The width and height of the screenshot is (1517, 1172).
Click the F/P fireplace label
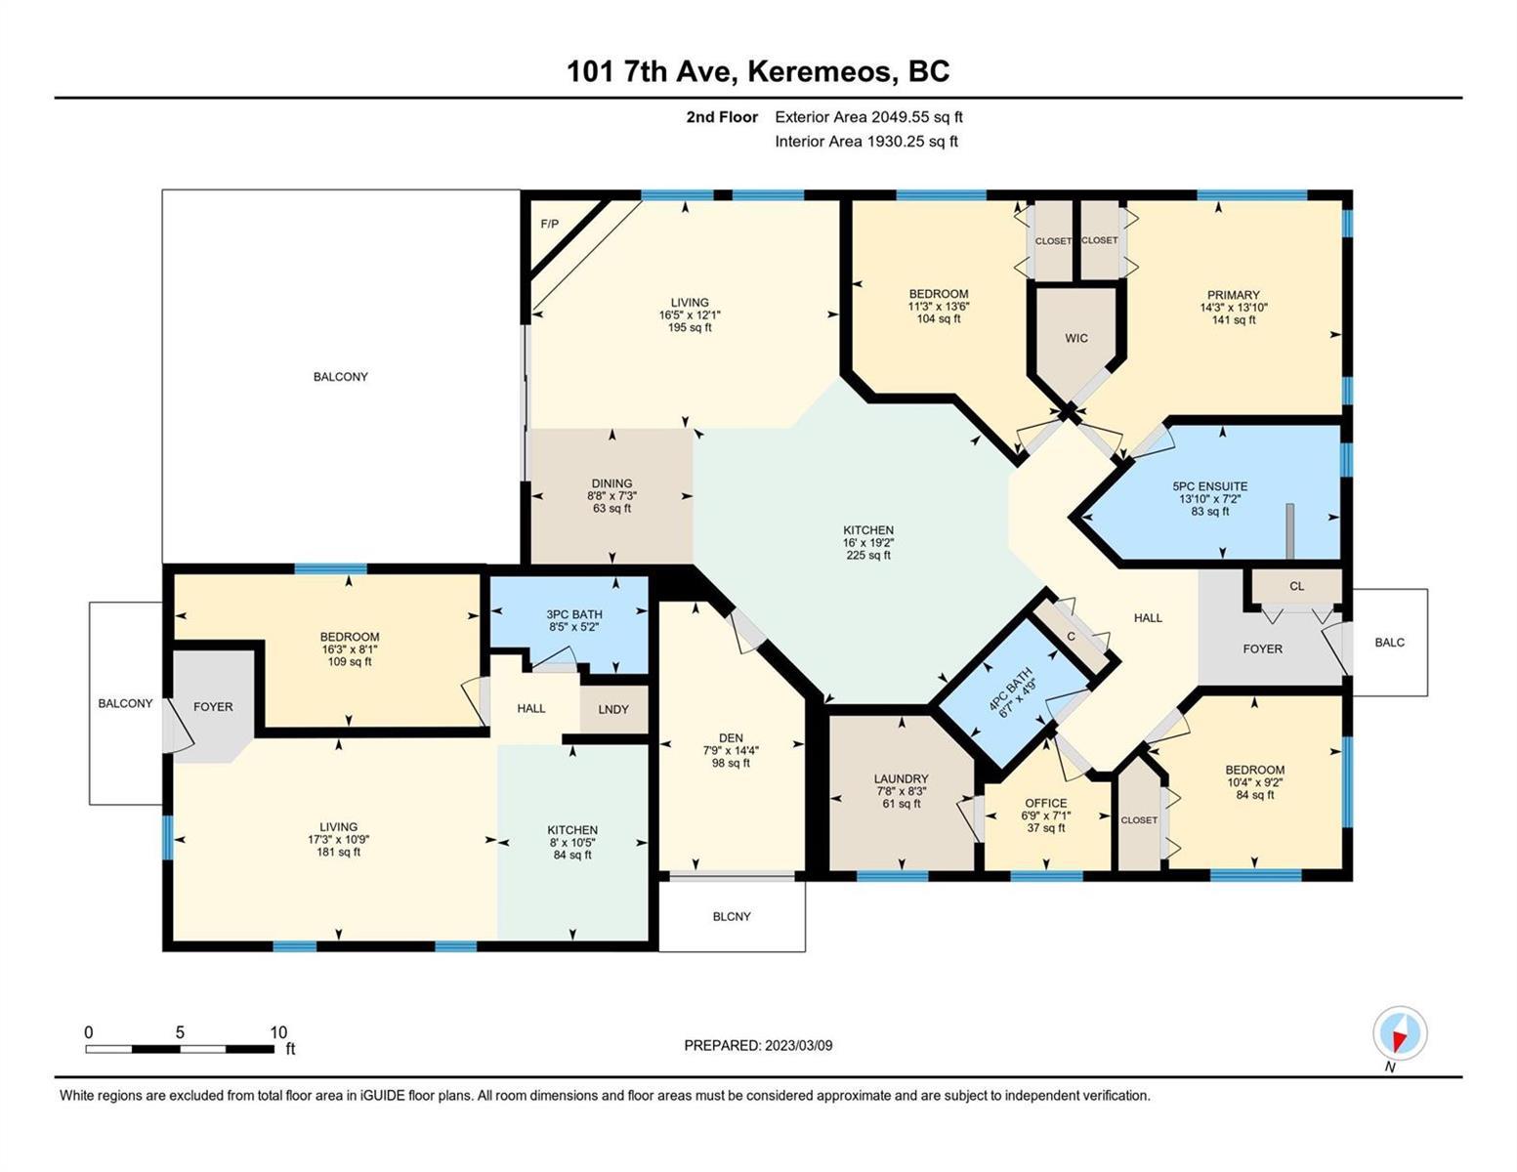549,224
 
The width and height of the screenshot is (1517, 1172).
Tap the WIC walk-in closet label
1075,338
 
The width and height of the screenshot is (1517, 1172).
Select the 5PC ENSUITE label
1210,485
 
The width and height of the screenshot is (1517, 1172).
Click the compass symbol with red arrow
1399,1033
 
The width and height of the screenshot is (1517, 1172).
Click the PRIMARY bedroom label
1234,295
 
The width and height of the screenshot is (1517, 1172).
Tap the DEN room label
731,737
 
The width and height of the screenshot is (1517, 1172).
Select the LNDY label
613,709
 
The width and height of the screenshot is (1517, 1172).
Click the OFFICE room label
1046,803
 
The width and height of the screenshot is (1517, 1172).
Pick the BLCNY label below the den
732,916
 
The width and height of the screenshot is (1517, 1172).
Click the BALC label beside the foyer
1389,643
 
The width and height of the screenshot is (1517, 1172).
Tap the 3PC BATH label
573,614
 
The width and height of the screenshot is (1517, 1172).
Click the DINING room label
611,483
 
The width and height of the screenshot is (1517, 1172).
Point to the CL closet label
1296,586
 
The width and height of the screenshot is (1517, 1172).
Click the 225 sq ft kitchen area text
867,555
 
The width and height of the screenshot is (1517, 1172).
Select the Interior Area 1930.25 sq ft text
866,142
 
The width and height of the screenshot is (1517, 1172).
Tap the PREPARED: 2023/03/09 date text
758,1046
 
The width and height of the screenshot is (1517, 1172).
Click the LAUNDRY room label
901,778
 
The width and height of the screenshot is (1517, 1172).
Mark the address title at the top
758,71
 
